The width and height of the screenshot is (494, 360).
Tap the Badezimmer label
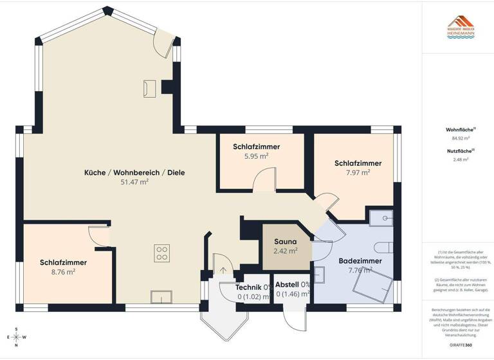click(x=360, y=261)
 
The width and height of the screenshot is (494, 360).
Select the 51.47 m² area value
click(x=134, y=183)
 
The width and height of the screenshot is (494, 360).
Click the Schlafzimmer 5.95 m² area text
click(x=256, y=156)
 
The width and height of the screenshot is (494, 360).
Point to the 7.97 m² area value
click(x=358, y=172)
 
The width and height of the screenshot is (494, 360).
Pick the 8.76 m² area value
click(x=63, y=272)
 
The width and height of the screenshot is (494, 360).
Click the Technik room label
click(x=248, y=286)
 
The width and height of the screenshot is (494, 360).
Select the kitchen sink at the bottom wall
click(x=160, y=296)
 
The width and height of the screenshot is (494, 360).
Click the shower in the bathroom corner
click(x=380, y=218)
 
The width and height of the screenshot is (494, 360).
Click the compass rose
click(x=17, y=336)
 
